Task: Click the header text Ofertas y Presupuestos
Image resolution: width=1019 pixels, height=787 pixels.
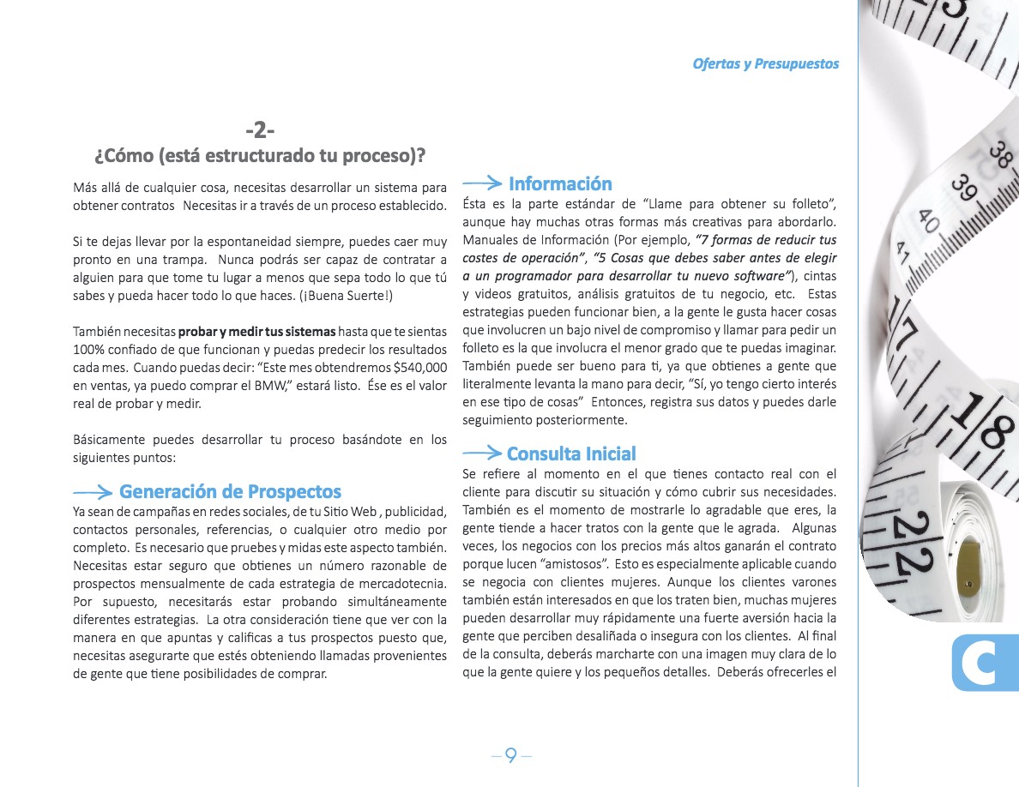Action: [x=765, y=64]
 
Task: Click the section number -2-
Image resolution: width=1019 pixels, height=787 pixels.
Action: [x=259, y=130]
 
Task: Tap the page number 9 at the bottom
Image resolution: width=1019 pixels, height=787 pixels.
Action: [x=511, y=755]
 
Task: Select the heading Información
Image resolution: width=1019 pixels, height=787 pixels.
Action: [x=560, y=183]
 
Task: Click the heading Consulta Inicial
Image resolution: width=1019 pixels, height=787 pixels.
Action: [x=571, y=454]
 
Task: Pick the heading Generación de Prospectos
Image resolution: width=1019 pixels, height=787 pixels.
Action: [x=230, y=491]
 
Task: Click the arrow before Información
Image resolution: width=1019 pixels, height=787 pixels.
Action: [x=482, y=183]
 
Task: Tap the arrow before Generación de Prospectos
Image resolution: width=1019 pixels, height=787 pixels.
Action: [x=93, y=492]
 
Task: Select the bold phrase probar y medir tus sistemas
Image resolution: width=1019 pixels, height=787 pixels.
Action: [x=257, y=331]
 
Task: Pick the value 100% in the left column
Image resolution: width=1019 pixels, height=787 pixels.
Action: [x=87, y=349]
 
